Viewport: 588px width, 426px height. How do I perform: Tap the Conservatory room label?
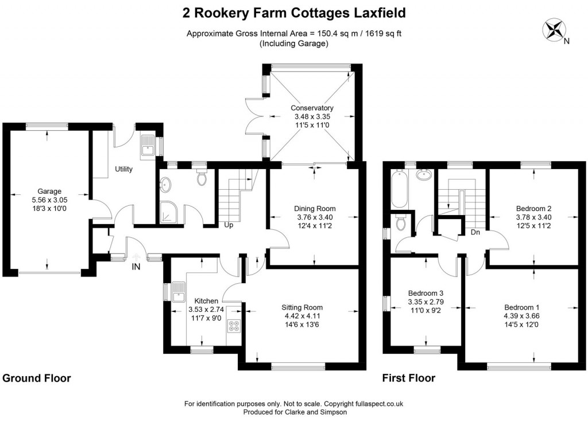[312, 108]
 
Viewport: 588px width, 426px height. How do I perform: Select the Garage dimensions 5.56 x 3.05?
[49, 200]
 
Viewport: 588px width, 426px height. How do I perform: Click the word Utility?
[125, 169]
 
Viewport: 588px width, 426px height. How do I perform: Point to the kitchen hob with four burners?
[234, 326]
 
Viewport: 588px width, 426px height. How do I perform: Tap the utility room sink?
[145, 146]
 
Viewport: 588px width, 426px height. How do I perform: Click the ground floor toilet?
[202, 179]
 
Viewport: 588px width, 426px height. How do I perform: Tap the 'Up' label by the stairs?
[228, 225]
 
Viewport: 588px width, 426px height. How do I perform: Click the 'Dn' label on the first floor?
[475, 232]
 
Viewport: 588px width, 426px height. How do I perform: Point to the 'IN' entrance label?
[136, 266]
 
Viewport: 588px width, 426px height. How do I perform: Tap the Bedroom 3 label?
[425, 292]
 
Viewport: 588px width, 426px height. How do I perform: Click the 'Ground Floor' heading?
[37, 378]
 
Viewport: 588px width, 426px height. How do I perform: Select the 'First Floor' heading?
[408, 378]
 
